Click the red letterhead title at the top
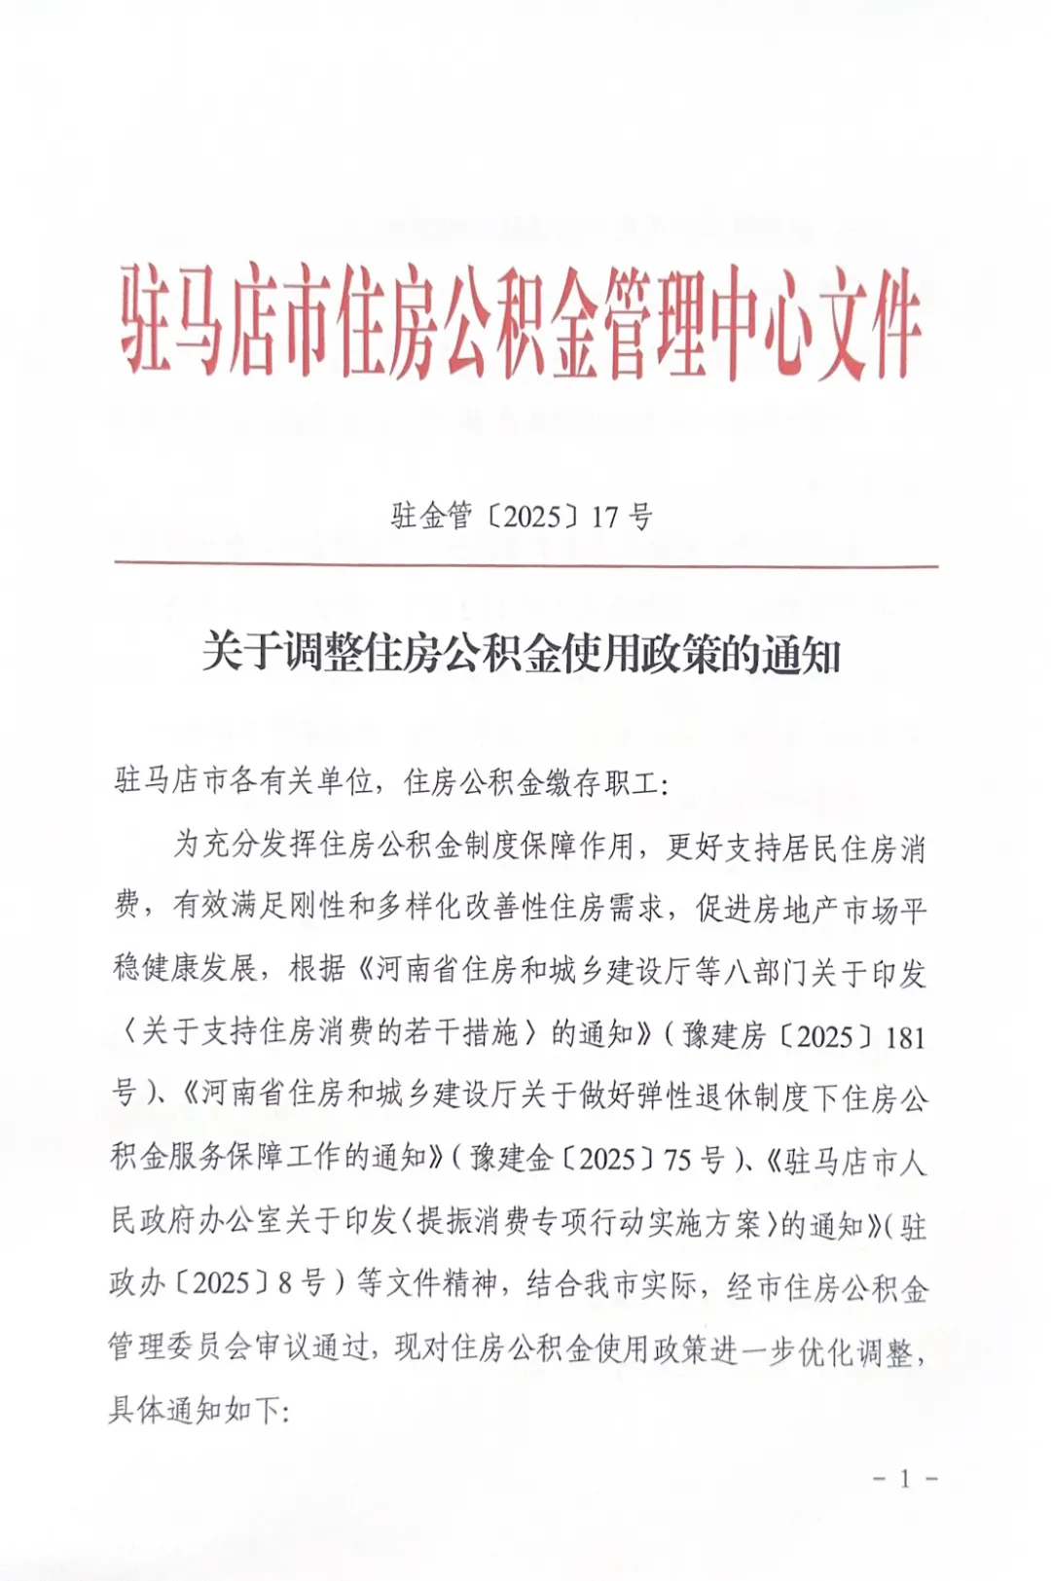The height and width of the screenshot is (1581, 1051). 522,322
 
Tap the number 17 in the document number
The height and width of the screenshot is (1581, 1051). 605,517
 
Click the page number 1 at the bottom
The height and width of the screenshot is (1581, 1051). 905,1480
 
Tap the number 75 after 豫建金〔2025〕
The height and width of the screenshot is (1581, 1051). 679,1160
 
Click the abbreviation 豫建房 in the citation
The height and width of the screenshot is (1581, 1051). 726,1036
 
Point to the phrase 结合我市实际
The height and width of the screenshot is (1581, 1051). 611,1286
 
